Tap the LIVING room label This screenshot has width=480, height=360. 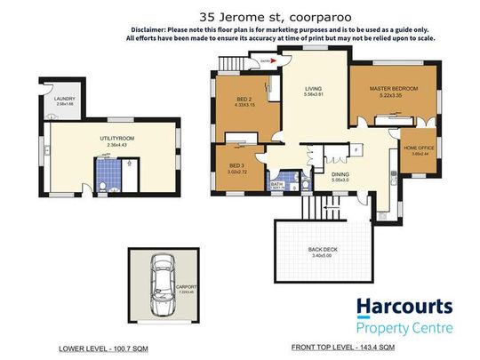point(313,89)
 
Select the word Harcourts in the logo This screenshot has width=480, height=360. point(404,308)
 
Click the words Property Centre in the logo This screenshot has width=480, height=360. point(405,329)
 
